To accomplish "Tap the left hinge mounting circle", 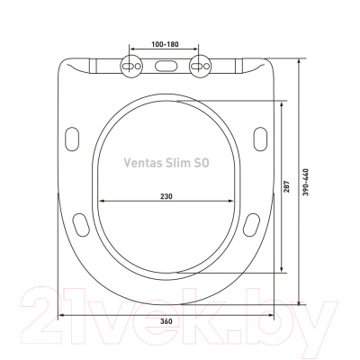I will tap(130, 66).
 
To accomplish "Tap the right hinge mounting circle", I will tap(199, 66).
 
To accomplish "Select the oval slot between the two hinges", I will tap(165, 66).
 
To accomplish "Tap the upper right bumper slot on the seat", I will tap(261, 137).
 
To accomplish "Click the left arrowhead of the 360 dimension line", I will tap(63, 315).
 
